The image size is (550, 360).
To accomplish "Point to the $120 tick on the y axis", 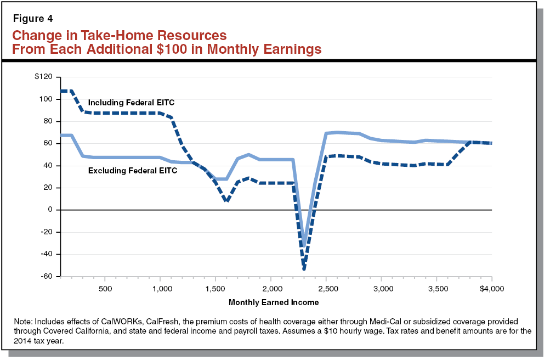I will [42, 77].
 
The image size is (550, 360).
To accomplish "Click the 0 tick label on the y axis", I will [49, 210].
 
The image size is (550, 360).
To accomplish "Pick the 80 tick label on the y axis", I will [47, 121].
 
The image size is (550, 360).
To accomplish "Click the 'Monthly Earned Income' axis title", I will [274, 302].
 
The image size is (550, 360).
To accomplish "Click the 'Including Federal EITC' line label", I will [131, 102].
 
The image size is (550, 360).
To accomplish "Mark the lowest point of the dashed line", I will [304, 269].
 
